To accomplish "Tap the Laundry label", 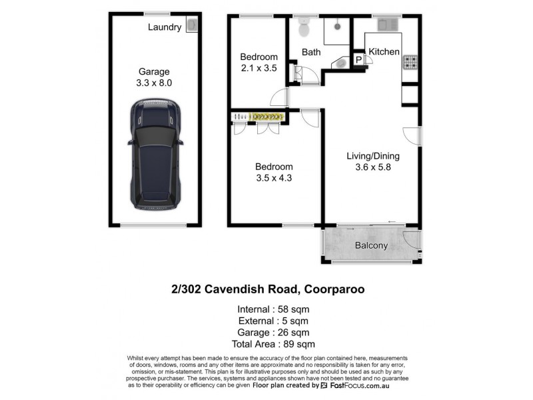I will (x=165, y=27).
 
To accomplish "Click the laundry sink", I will (x=192, y=26).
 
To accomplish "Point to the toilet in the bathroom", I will (x=305, y=29).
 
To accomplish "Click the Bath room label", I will (x=311, y=52).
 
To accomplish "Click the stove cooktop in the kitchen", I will (x=410, y=63).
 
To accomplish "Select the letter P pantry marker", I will (x=358, y=60).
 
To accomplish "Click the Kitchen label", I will (x=384, y=51).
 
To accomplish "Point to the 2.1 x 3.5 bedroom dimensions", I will (x=259, y=67).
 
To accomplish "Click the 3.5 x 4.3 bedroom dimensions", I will (x=274, y=178).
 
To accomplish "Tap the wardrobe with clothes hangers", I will (x=259, y=117).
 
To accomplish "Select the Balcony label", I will (x=371, y=245).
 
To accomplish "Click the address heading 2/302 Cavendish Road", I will (x=266, y=290).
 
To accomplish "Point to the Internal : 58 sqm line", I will (x=273, y=309).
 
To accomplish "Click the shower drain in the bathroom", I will (x=338, y=27).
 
